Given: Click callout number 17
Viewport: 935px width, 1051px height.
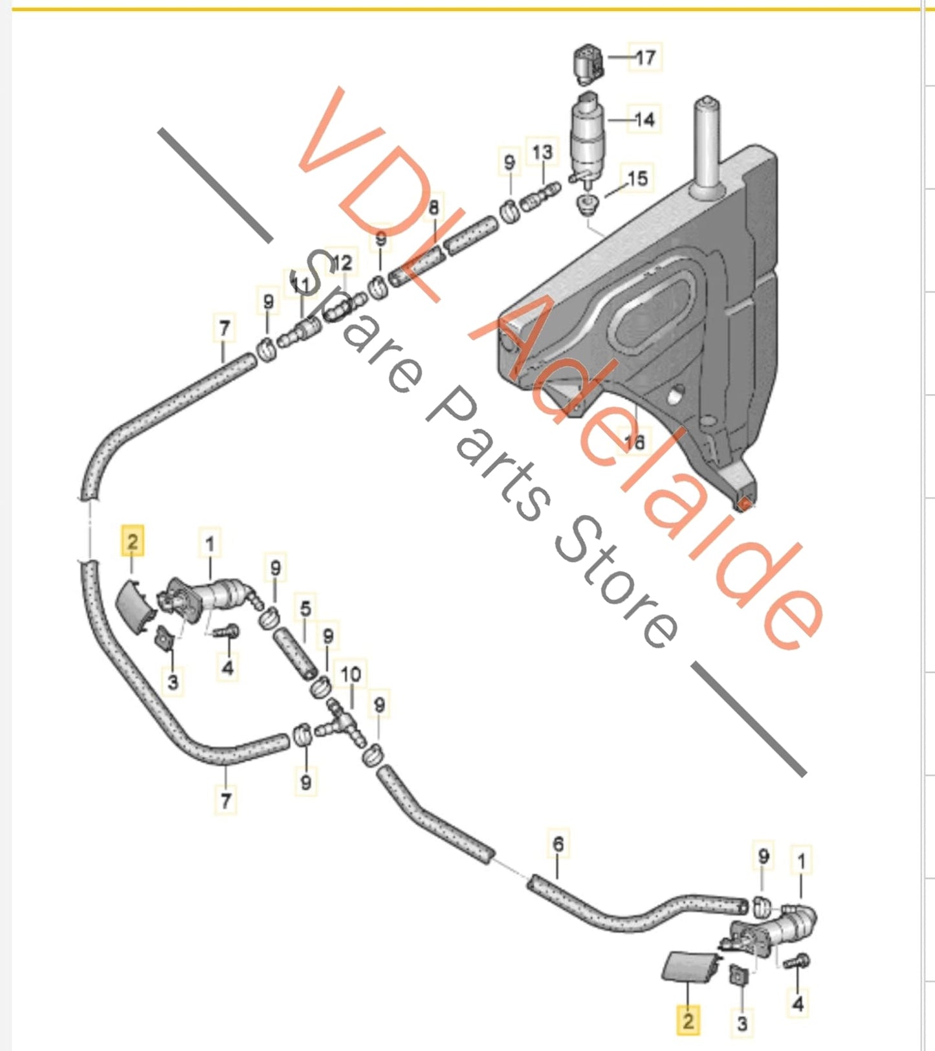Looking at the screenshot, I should point(645,58).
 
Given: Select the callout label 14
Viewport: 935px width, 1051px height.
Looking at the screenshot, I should point(644,120).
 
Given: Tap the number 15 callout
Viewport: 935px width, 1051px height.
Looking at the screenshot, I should point(637,178).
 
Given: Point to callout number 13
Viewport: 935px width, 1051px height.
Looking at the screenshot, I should point(542,152).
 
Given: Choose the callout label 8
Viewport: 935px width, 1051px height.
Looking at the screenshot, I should point(434,207).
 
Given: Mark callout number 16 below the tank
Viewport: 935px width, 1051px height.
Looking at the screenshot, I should point(635,441).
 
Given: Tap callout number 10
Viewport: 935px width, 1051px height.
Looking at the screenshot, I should point(351,674).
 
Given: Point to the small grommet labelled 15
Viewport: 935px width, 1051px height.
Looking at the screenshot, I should point(588,205).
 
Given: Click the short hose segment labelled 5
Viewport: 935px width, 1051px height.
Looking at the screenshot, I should point(295,655).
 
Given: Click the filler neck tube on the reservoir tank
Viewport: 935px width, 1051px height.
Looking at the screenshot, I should point(707,146).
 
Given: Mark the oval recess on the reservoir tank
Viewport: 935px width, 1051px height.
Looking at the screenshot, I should point(654,311).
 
